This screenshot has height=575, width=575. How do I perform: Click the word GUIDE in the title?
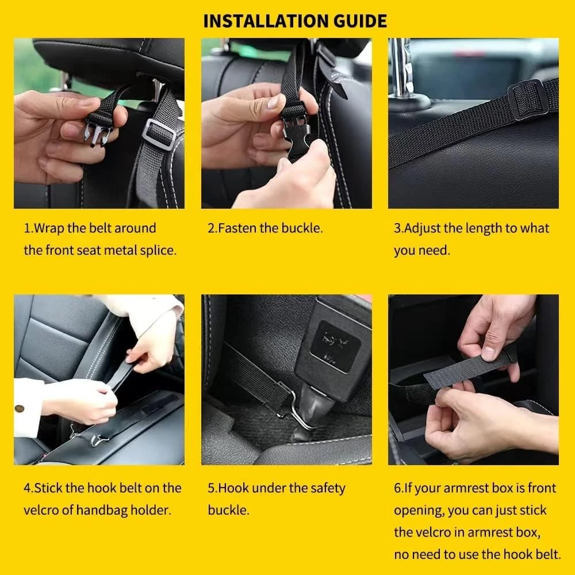coord(360,21)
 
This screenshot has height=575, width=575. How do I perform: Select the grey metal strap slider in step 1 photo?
coord(159,134)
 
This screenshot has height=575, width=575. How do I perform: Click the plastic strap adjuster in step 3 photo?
coord(528,99)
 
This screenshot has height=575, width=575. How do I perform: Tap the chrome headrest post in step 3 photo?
coord(402,70)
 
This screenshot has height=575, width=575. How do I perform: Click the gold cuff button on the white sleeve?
coord(19,408)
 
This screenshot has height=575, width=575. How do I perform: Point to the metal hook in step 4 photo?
coord(99,438)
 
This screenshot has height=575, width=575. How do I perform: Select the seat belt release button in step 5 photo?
coord(335,345)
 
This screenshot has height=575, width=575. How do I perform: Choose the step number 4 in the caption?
coord(28,488)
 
